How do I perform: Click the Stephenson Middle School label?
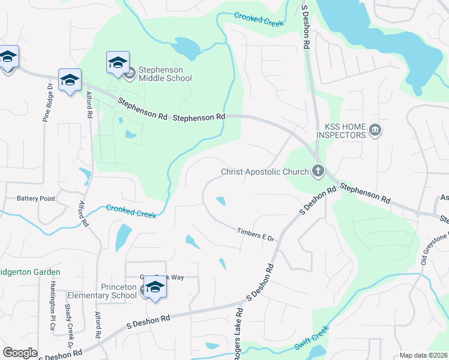[165, 74]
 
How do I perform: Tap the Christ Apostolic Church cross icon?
[318, 172]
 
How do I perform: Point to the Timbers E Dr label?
[255, 235]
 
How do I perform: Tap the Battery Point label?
[36, 199]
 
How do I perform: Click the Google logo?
[20, 353]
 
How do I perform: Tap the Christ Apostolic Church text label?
[264, 172]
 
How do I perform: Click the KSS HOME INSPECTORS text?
[345, 131]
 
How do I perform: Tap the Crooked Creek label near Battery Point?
[131, 211]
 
